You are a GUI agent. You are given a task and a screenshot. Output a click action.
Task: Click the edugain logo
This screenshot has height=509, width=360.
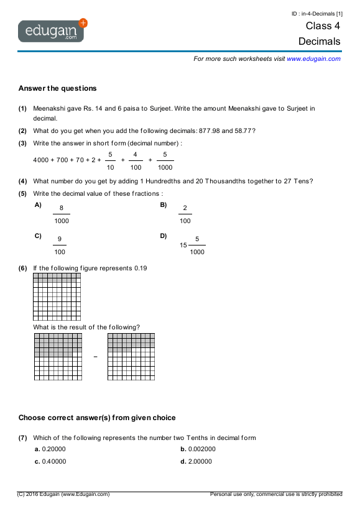(x=52, y=30)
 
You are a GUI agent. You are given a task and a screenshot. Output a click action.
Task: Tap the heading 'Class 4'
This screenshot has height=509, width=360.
(x=323, y=25)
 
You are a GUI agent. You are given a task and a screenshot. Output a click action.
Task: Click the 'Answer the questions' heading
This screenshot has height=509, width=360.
(x=58, y=88)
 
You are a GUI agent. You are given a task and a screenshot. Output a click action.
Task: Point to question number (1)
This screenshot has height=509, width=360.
(x=22, y=108)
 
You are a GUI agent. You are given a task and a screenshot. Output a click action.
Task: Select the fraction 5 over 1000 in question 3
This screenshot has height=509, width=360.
(x=165, y=160)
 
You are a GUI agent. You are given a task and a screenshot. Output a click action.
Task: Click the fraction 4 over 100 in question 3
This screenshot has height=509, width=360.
(x=136, y=160)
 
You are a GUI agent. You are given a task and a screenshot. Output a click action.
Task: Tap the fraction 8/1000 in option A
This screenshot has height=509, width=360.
(x=62, y=214)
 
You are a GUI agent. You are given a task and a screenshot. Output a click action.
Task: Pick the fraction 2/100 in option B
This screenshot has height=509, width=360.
(x=185, y=214)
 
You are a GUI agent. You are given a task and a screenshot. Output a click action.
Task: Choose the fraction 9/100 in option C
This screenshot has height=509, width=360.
(x=59, y=245)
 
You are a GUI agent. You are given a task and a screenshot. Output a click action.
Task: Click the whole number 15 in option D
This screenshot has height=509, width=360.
(x=183, y=245)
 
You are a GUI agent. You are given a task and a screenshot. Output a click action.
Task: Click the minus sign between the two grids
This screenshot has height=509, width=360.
(x=95, y=357)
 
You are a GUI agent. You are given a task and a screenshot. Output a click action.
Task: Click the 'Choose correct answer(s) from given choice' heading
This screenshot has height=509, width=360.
(x=97, y=418)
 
